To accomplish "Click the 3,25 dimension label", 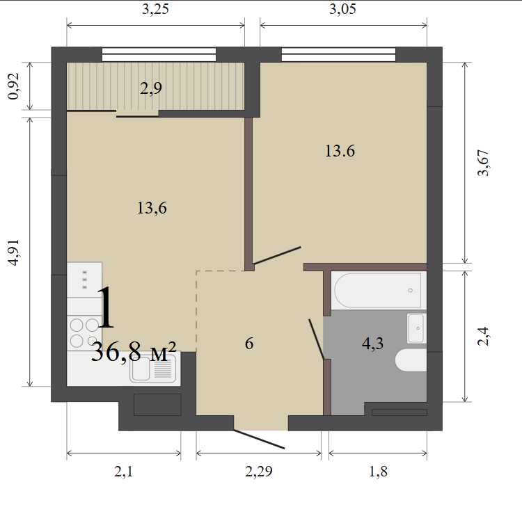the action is [x=155, y=9].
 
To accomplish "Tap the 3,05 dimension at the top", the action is [x=342, y=9].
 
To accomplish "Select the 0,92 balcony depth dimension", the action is [x=14, y=86].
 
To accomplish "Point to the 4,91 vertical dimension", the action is [x=14, y=252].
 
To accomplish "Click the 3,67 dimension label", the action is [x=483, y=163].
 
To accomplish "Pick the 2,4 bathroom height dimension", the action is [x=483, y=337].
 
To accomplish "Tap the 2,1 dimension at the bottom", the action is [x=123, y=472].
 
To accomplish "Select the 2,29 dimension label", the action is [x=259, y=472].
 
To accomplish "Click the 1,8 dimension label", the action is [x=378, y=472].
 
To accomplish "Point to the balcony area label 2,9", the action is [x=151, y=88].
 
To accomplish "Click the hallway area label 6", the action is [x=249, y=344].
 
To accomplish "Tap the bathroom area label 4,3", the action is [x=372, y=344].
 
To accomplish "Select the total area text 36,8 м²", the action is [x=133, y=352].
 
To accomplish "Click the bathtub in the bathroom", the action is [x=379, y=290].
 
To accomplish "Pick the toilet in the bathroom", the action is [x=411, y=360].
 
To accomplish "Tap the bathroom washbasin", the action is [x=416, y=328].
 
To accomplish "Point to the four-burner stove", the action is [x=84, y=332].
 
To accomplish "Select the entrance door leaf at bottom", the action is [x=259, y=439].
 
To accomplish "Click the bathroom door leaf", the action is [x=317, y=339].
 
